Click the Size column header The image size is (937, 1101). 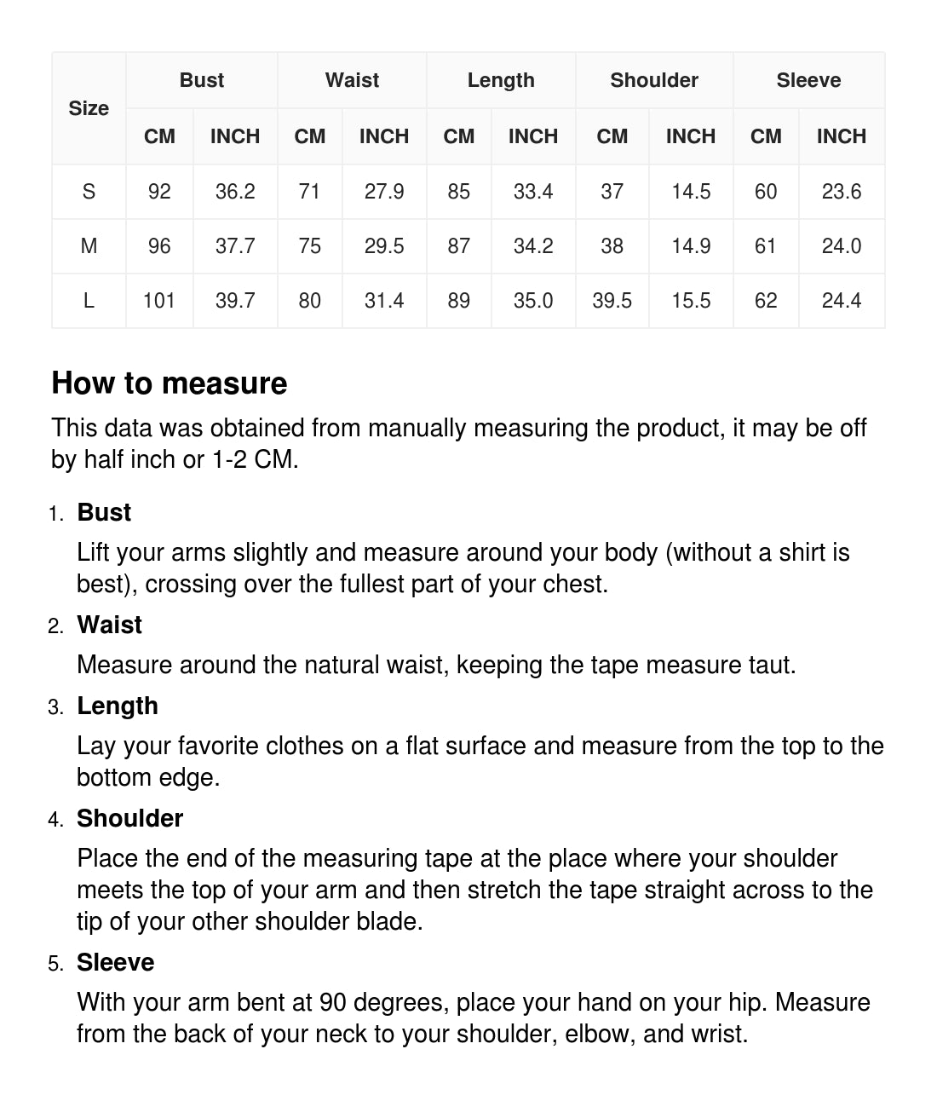coord(89,108)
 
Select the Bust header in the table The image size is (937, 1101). coord(202,80)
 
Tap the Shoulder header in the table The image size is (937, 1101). coord(654,80)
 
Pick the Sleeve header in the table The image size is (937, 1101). coord(808,80)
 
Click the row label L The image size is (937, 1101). coord(89,301)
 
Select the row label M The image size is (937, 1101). coord(89,246)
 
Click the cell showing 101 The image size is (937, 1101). coord(159,301)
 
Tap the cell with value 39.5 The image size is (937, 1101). coord(612,301)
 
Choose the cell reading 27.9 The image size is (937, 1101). coord(384,192)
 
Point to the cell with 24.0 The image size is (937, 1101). coord(842,246)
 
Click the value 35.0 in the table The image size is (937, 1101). coord(533,301)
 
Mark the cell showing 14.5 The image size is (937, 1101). coord(691,192)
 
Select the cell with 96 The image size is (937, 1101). coord(159,246)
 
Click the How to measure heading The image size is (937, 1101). coord(170,383)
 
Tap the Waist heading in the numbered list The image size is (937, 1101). coord(109,625)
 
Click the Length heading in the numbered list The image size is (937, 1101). coord(118,706)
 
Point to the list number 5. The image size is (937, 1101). coord(55,964)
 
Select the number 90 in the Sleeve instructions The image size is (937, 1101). coord(333,1002)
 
